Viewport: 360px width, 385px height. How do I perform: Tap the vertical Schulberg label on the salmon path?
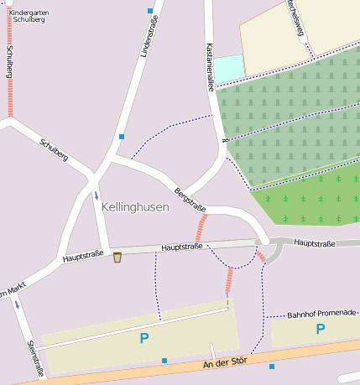[9, 60]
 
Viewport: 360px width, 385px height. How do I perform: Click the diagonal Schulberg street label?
[53, 148]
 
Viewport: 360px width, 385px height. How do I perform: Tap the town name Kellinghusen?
[135, 206]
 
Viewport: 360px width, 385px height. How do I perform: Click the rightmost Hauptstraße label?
[315, 243]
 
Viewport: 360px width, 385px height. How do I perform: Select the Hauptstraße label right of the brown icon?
[182, 247]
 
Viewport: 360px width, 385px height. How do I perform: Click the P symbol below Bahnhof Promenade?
[320, 330]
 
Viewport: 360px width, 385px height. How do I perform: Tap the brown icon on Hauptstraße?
[117, 257]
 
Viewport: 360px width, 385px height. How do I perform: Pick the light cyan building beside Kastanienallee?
[228, 68]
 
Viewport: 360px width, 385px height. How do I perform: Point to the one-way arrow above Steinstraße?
[18, 304]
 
